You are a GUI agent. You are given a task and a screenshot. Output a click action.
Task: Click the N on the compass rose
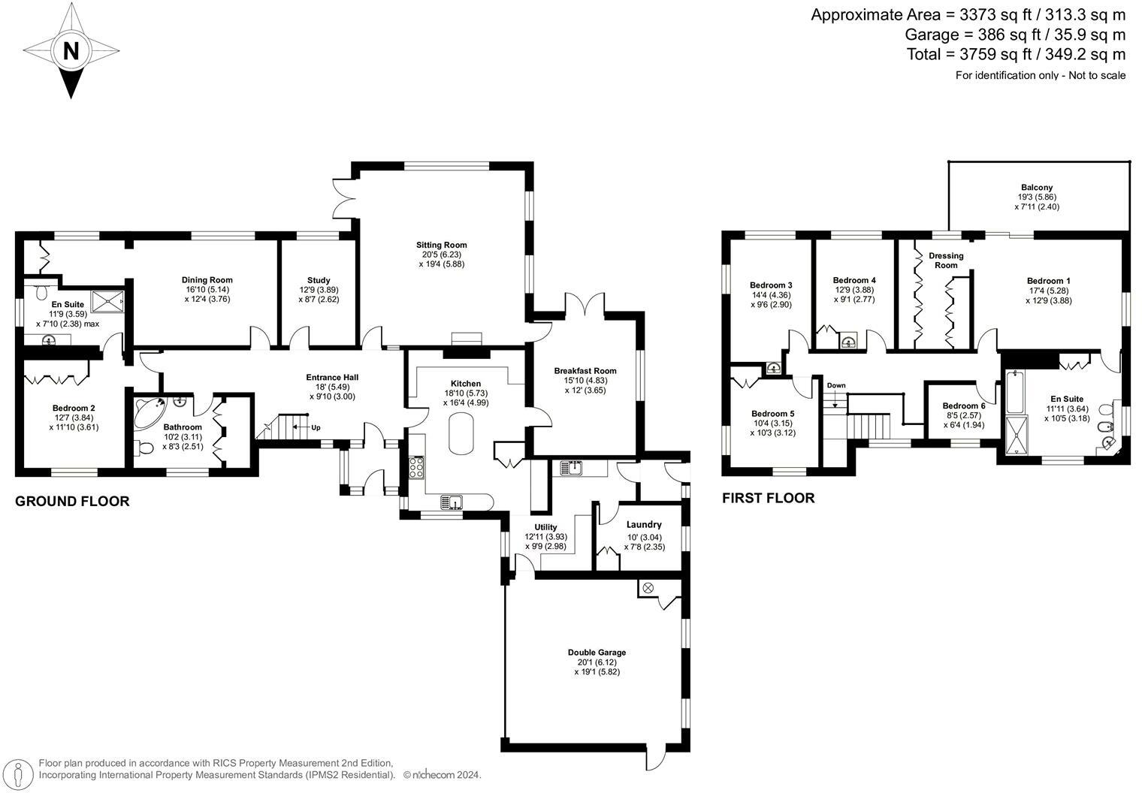(x=71, y=51)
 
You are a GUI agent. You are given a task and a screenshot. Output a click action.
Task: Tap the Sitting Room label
(x=442, y=245)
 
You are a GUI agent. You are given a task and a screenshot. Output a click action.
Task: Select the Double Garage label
(x=597, y=653)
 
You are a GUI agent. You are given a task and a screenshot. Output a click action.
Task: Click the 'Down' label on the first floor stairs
(x=835, y=385)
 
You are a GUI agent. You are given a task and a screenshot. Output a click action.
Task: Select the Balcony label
(x=1036, y=188)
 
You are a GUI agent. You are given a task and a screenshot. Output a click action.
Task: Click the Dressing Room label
(x=946, y=261)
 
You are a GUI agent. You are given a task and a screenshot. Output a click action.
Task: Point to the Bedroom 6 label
(x=963, y=406)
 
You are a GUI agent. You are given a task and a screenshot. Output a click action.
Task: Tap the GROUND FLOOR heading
(x=72, y=502)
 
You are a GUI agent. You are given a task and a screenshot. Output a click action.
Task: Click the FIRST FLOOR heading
(x=768, y=498)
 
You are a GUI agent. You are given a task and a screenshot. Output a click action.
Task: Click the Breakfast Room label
(x=585, y=370)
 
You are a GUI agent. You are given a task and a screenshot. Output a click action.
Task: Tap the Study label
(x=319, y=280)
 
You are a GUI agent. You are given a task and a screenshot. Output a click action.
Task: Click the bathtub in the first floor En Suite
(x=1014, y=392)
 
